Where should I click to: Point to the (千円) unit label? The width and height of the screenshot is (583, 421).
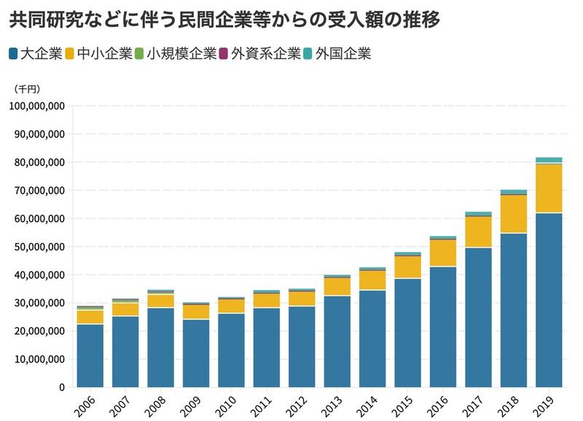28,88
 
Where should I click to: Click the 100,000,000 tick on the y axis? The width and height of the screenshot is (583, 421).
37,106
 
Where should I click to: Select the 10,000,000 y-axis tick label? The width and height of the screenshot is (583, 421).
40,359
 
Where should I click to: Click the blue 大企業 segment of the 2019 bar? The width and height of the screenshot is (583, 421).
549,299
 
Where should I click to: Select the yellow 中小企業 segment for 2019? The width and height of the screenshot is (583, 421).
549,188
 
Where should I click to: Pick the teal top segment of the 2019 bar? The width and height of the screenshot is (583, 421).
549,160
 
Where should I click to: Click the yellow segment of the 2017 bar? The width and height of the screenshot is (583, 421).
478,232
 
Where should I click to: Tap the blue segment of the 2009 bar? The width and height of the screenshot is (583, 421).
195,353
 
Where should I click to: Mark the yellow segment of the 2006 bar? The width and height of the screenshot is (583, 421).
90,317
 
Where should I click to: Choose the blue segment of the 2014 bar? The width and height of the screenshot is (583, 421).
372,339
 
